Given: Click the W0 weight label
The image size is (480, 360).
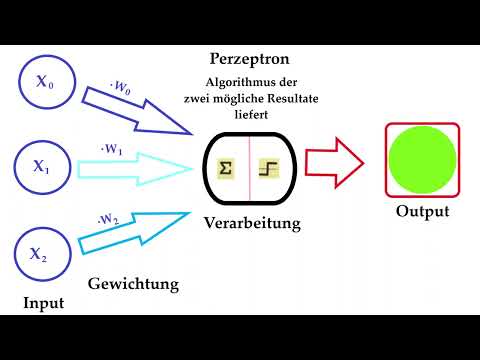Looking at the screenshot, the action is click(120, 87).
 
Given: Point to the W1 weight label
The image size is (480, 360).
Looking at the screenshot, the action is click(112, 149).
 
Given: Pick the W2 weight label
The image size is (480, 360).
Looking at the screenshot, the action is click(108, 220).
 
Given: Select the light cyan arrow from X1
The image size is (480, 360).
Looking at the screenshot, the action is click(135, 169).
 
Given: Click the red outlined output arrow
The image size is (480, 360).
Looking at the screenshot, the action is click(334, 163).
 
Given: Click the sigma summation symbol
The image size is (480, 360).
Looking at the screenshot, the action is click(226, 168).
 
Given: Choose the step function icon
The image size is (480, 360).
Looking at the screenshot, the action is click(269, 168).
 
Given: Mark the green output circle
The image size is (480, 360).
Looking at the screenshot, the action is click(423, 160).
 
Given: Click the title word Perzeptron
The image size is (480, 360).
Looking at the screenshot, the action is click(250, 59).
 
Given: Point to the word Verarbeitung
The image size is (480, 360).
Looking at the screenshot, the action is click(252, 223).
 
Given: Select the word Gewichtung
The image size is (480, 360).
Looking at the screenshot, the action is click(133, 284).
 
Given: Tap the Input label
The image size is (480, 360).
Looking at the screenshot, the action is click(44, 303).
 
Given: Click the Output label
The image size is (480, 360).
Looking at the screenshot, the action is click(423, 211).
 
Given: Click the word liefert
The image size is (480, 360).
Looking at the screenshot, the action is click(251, 114).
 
